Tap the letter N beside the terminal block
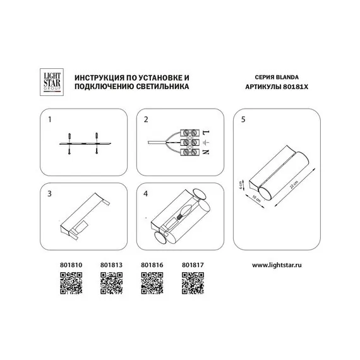point(205,152)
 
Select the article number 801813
point(111,266)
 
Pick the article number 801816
point(151,266)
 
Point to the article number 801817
point(191,266)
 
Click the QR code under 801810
point(71,283)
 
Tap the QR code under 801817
point(193,283)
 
